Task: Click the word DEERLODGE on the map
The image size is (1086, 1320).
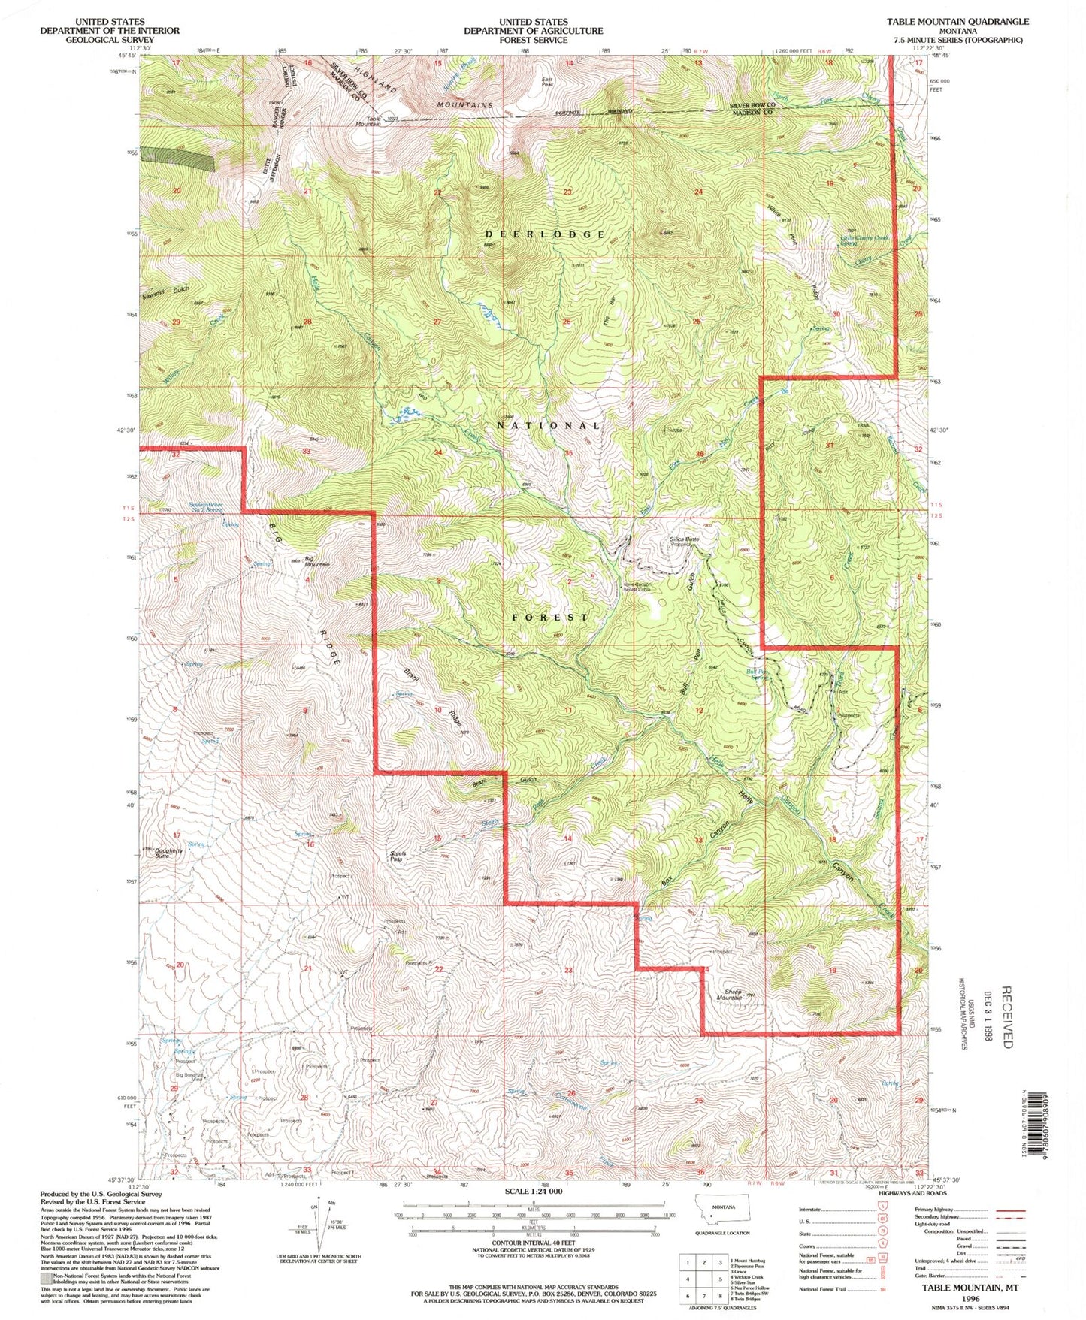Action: coord(545,234)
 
